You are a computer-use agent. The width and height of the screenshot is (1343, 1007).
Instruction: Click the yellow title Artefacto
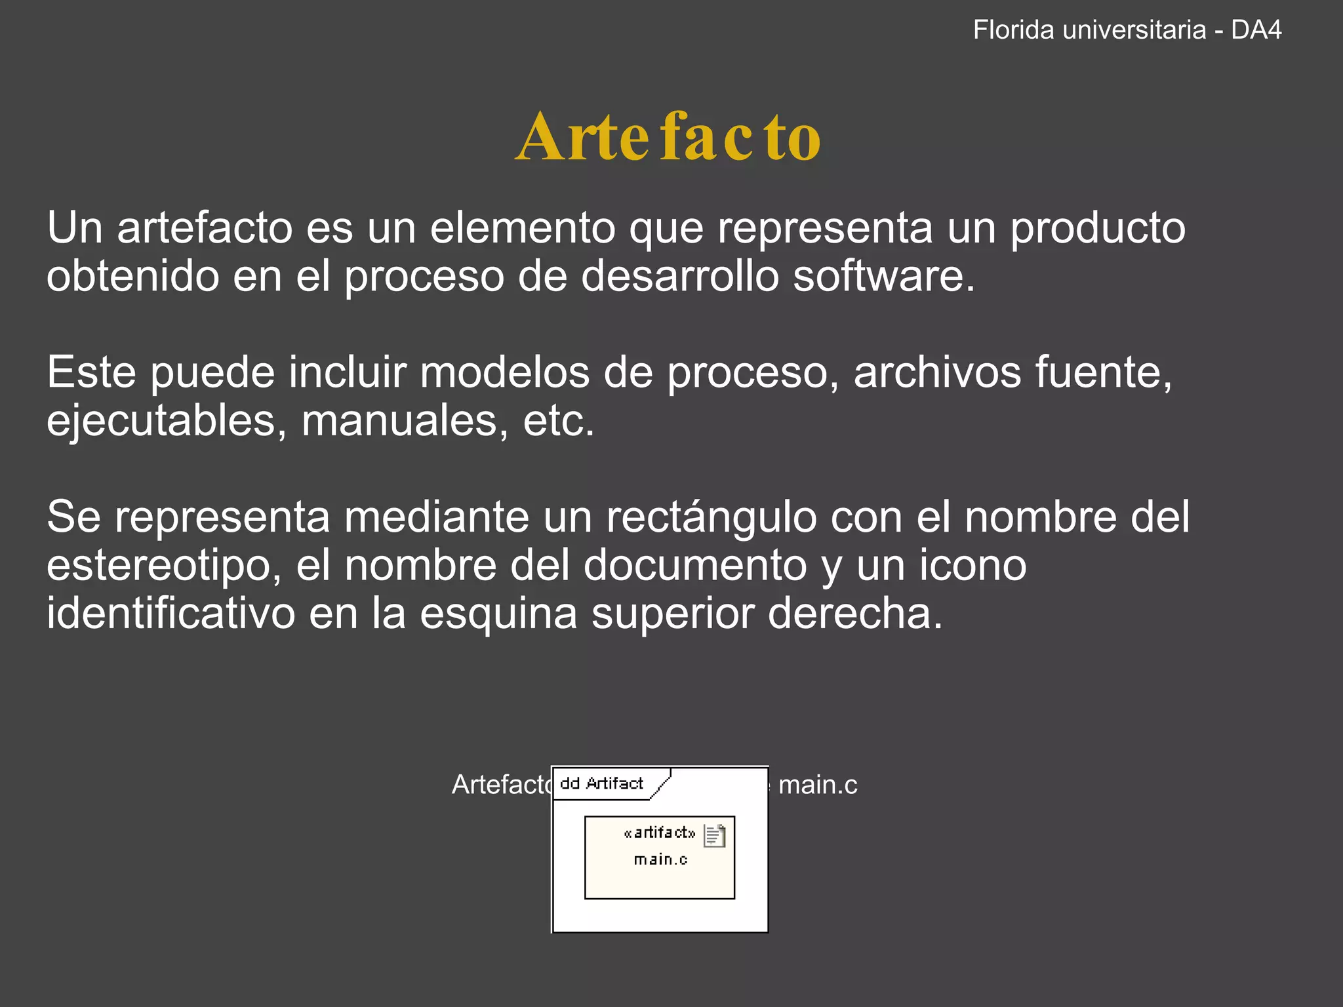tap(668, 137)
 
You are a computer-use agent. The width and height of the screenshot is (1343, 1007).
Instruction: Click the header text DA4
tap(1256, 30)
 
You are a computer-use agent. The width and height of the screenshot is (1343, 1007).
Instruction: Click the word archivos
tap(937, 372)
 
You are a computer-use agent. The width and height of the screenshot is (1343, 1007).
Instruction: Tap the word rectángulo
tap(712, 517)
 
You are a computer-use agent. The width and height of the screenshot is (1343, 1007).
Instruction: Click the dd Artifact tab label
tap(601, 783)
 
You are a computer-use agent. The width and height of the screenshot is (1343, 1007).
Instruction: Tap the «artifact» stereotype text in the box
tap(659, 833)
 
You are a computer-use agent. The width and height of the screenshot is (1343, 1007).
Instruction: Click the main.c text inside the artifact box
tap(660, 859)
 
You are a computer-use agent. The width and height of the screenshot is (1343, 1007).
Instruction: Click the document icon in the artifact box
tap(714, 836)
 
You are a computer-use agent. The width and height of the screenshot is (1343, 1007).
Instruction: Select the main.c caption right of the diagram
tap(817, 785)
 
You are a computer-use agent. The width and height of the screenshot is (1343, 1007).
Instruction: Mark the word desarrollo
tap(680, 275)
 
